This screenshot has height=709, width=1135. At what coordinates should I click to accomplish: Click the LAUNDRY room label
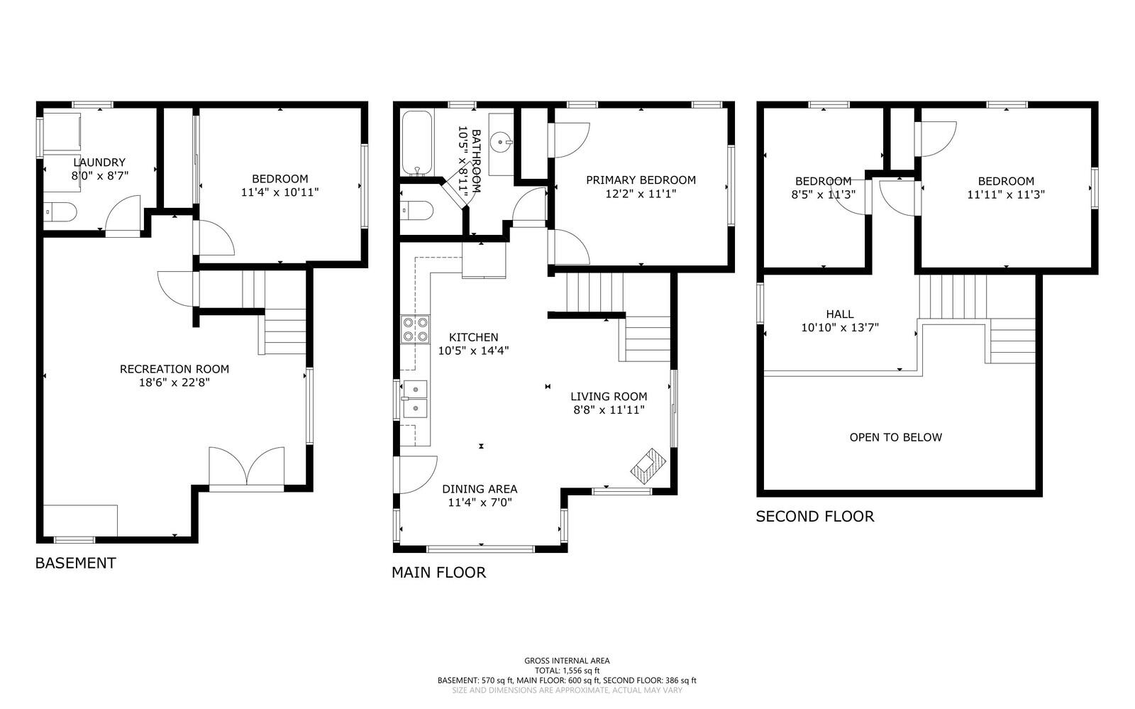pos(99,163)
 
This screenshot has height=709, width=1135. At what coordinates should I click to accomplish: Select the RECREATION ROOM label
pos(175,369)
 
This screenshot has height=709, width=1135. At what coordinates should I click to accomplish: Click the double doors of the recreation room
pos(247,469)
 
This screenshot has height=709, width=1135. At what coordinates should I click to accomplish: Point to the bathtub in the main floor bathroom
pos(417,143)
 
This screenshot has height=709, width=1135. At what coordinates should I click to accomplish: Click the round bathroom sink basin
pos(501,141)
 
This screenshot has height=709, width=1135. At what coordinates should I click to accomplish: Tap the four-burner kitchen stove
pos(416,329)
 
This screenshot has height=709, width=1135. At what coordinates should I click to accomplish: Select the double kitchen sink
pos(415,400)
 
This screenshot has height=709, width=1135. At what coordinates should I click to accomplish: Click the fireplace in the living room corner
pos(648,466)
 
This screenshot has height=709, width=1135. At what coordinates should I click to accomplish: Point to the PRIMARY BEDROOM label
pos(641,180)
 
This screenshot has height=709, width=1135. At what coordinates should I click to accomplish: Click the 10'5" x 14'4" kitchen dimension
pos(473,351)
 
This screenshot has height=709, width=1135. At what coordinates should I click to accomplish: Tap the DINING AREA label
pos(480,489)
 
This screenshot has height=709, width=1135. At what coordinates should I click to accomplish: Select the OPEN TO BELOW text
pos(896,437)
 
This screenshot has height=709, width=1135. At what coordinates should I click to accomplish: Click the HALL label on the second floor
pos(840,314)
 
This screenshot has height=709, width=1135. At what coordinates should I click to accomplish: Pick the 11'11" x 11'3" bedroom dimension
pos(1007,194)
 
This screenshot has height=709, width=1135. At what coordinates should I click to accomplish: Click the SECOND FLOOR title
pos(815,517)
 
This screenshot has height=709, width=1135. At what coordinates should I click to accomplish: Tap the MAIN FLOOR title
pos(439,573)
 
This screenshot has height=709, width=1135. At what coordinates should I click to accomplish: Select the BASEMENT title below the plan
pos(75,563)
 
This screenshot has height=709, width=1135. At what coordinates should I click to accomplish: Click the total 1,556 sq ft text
pos(567,671)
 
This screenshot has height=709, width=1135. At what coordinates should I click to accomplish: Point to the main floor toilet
pos(417,210)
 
